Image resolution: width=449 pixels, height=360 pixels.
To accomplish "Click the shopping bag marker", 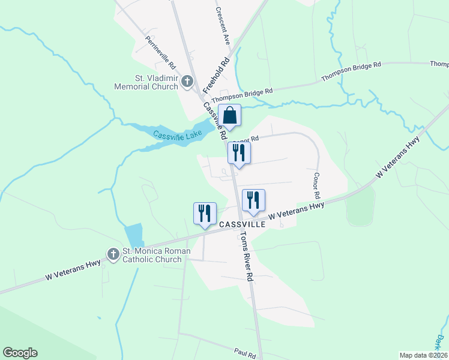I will coord(229,115).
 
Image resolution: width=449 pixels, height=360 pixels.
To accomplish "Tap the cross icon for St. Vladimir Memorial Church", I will coord(187,81).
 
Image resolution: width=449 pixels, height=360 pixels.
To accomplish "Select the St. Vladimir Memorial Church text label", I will coord(146,82).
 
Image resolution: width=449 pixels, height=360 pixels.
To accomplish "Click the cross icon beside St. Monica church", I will coord(113,254).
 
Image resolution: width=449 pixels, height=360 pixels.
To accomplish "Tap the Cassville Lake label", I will coord(174,136).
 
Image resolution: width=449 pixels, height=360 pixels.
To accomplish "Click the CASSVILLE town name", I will coord(242,224).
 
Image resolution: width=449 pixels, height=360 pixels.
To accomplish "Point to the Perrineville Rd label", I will coord(160,52).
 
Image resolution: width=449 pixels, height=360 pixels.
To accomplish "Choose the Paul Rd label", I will coord(246,355).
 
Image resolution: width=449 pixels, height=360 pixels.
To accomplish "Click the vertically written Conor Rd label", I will coord(316,187).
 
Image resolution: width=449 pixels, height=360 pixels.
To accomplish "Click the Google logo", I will coord(20,353).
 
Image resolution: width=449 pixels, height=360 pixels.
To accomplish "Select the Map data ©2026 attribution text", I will coord(423,355).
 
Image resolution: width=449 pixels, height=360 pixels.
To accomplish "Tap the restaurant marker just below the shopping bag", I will coord(238,153).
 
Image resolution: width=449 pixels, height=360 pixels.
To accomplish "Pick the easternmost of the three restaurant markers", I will coord(253,200).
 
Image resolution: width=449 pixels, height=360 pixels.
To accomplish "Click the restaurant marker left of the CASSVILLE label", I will coord(204,214).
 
